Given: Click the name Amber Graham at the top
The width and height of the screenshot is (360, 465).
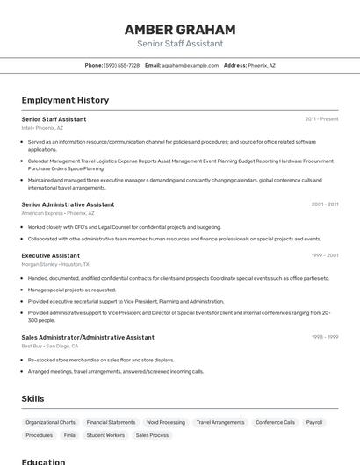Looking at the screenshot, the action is (x=180, y=29).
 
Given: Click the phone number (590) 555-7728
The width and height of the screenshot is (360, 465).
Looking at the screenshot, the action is (x=121, y=65).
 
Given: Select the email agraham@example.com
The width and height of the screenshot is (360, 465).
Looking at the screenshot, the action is (x=190, y=65).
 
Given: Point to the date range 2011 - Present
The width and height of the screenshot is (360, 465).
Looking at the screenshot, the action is (x=321, y=118).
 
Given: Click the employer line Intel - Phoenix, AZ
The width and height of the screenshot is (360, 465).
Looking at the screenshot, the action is (x=42, y=128).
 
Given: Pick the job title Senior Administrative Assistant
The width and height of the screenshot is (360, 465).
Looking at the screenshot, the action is (x=68, y=204).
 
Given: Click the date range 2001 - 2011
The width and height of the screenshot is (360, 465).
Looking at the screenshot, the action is (x=324, y=204).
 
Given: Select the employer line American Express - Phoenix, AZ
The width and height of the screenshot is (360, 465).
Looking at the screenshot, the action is (x=58, y=213).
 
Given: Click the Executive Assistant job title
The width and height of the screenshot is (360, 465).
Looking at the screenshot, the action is (x=51, y=255).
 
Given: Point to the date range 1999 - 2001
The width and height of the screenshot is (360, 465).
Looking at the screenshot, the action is (x=324, y=255).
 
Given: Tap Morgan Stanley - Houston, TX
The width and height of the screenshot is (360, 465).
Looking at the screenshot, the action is (x=55, y=264).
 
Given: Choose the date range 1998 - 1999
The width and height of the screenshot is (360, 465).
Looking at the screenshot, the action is (x=324, y=337).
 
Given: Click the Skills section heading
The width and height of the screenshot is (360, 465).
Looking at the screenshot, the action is (x=32, y=399).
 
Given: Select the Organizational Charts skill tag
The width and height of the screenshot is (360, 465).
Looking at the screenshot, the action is (x=50, y=422).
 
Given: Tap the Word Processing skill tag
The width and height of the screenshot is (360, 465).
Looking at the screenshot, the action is (x=166, y=422).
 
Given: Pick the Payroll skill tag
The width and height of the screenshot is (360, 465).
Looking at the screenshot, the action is (x=314, y=422).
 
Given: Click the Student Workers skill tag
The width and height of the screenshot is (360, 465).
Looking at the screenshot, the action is (x=105, y=435).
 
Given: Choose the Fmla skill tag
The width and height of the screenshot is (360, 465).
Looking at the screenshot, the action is (x=69, y=435).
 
